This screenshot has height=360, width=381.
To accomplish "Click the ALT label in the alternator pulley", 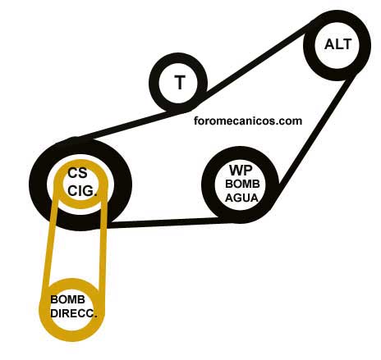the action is [x=337, y=44].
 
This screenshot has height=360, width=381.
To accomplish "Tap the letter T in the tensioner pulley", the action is [x=180, y=82].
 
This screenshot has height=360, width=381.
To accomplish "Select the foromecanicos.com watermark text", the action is [x=248, y=121].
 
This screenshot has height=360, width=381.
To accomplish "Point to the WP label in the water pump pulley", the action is [x=241, y=171].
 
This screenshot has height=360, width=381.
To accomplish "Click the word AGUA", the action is [x=241, y=198].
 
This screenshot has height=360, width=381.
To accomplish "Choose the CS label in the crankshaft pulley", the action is [x=77, y=173].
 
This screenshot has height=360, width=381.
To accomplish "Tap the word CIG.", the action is [x=82, y=191].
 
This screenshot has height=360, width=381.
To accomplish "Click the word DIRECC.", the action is [x=74, y=313].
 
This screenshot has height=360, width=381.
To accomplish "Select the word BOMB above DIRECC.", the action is [x=67, y=299].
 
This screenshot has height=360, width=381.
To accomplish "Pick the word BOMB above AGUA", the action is [x=242, y=184].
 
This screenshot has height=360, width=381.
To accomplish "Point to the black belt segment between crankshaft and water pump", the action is [x=170, y=223].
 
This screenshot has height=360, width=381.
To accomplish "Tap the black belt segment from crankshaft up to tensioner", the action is [x=126, y=124].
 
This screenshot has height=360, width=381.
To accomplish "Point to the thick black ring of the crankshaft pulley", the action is [x=39, y=184].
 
